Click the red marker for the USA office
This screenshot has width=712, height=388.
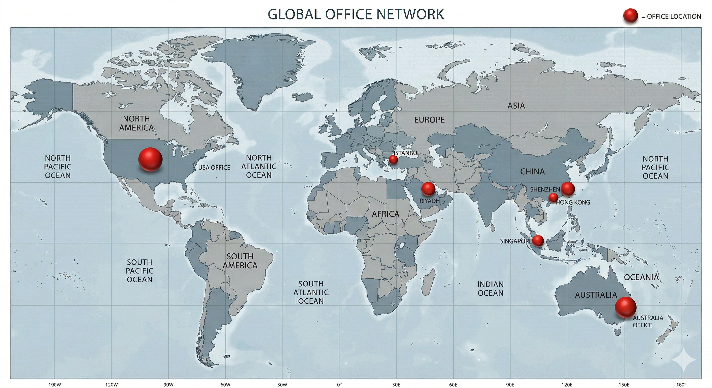tap(150, 159)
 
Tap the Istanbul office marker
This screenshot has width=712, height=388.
tap(393, 159)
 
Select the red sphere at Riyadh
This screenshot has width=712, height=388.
tap(428, 189)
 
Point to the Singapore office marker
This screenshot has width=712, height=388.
tap(538, 241)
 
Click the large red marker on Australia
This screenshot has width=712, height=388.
tap(626, 307)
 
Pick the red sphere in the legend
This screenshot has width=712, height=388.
tap(631, 16)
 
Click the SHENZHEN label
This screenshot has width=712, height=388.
tap(545, 189)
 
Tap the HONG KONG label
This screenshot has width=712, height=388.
tap(573, 202)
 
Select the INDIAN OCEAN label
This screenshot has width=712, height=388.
tap(490, 288)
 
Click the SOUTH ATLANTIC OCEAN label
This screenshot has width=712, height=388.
tap(311, 292)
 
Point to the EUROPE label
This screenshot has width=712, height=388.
tap(429, 119)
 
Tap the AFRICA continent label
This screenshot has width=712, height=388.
tap(385, 214)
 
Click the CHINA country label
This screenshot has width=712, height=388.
tap(532, 172)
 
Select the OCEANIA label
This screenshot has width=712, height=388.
tap(641, 277)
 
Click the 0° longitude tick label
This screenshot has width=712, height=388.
tap(339, 384)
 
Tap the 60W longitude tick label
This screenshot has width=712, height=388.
tap(225, 384)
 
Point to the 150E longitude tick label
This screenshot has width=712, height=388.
tap(624, 384)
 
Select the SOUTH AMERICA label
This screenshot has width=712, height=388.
tap(240, 261)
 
